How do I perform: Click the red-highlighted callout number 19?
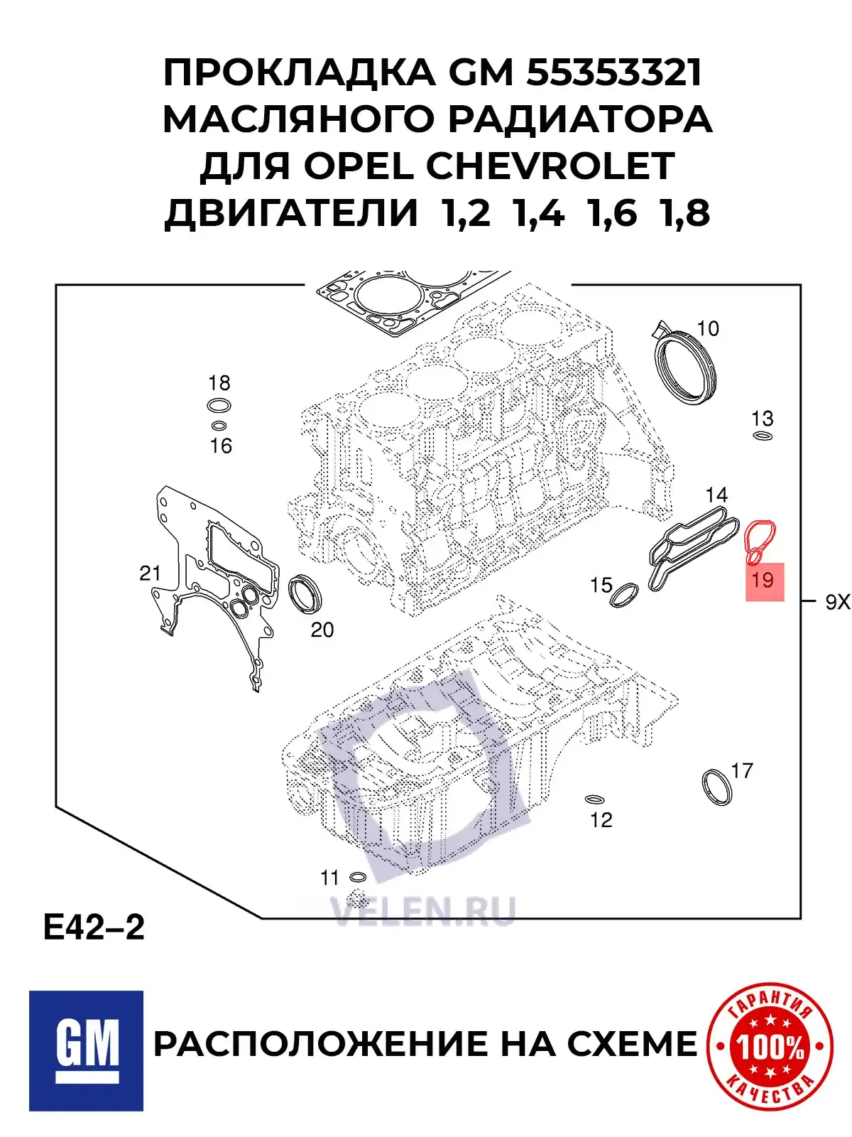click(763, 581)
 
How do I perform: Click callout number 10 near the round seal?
click(708, 328)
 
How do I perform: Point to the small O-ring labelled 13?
click(762, 436)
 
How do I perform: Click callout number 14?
click(716, 495)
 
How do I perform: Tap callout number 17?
click(741, 770)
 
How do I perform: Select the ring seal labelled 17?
click(717, 787)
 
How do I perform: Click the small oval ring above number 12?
click(594, 799)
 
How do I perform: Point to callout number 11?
click(329, 878)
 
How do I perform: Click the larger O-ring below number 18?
click(219, 406)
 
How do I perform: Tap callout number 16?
click(221, 446)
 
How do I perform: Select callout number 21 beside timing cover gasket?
click(150, 573)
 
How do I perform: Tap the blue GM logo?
click(86, 1050)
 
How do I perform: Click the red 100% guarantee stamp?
click(770, 1046)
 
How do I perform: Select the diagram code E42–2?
click(94, 927)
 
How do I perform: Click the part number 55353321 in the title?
click(614, 72)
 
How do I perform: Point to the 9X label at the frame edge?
click(837, 603)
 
